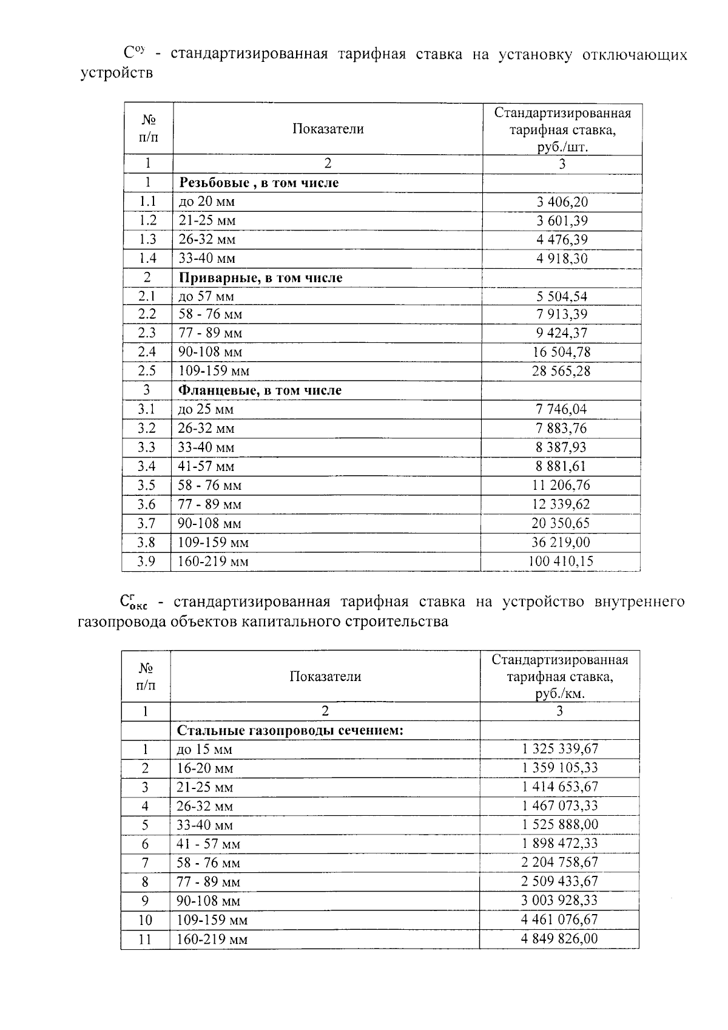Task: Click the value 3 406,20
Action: (x=562, y=202)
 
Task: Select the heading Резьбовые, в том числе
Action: (x=258, y=183)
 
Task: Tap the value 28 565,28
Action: (x=561, y=371)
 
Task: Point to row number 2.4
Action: (x=147, y=352)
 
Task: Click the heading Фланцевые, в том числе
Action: (x=260, y=390)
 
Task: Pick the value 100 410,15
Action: (x=561, y=561)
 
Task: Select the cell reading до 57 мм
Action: (x=206, y=296)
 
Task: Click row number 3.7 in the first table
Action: (x=146, y=523)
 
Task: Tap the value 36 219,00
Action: (x=561, y=542)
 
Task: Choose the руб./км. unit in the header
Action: (x=559, y=694)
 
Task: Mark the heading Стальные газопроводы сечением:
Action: (x=290, y=730)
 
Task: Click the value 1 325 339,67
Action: (x=559, y=749)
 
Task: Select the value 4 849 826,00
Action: (x=559, y=939)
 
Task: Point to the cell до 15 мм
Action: (x=204, y=750)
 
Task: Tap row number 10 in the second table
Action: (x=145, y=920)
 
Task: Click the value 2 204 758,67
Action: (x=559, y=862)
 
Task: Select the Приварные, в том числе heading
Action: (x=260, y=278)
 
